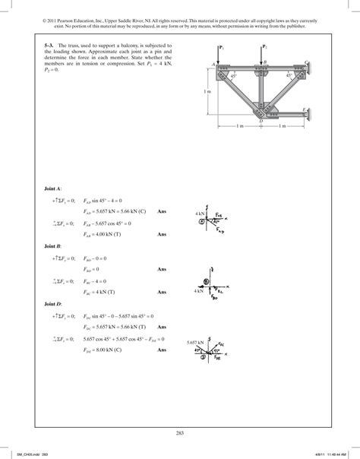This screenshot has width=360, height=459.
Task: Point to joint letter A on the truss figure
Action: (213, 65)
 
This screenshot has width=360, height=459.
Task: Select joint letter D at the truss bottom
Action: (261, 120)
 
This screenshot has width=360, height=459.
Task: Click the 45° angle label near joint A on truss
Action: (235, 75)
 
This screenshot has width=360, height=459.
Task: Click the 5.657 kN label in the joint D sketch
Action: (196, 343)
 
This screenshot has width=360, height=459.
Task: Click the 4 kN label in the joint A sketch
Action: (200, 215)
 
